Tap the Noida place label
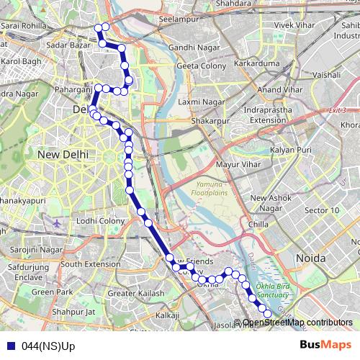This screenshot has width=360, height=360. (310, 257)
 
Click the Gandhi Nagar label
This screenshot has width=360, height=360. (188, 47)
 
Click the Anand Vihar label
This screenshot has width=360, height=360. (279, 89)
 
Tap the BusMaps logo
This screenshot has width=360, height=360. (326, 345)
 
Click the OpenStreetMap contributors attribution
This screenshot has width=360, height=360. (297, 323)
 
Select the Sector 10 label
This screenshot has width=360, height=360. (323, 210)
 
